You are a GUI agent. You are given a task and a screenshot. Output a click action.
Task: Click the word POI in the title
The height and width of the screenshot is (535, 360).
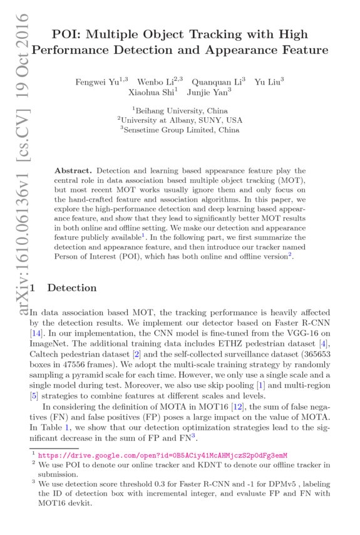tap(66, 34)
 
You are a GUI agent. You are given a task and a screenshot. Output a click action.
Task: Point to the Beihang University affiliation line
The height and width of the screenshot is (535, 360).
tap(180, 110)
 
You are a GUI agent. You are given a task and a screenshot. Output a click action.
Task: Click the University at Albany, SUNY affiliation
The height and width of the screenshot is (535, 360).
tap(180, 120)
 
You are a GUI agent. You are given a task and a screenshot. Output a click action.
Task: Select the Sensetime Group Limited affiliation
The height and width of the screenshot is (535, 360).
tap(180, 130)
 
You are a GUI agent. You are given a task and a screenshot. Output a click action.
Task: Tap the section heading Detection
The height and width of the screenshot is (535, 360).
tap(72, 288)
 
